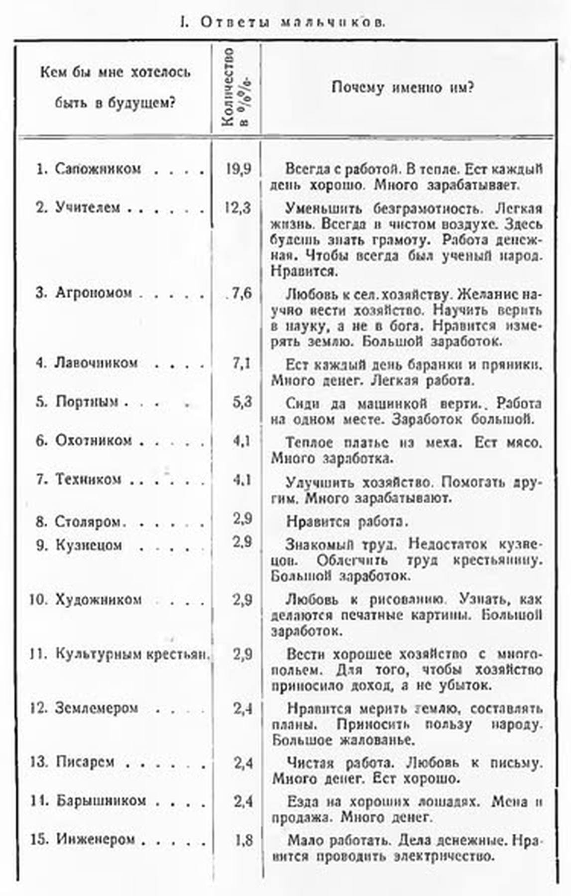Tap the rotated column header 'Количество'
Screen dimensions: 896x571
point(228,88)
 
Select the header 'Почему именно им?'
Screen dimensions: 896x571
point(403,88)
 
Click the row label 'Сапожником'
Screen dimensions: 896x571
point(98,169)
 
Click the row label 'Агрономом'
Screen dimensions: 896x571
point(94,293)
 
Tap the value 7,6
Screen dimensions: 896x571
point(242,293)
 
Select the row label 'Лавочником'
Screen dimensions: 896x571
point(96,362)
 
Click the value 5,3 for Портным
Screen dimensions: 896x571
point(242,402)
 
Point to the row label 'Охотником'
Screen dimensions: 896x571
point(94,441)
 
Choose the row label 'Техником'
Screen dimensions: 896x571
point(88,479)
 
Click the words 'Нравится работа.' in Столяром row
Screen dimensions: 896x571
point(347,521)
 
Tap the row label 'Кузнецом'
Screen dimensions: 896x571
point(89,545)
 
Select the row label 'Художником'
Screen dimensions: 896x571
point(99,599)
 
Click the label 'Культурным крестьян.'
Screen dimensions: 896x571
point(130,654)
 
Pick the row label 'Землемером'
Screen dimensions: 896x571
point(96,708)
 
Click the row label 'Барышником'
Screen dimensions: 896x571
point(101,801)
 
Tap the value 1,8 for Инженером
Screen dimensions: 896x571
point(243,840)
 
